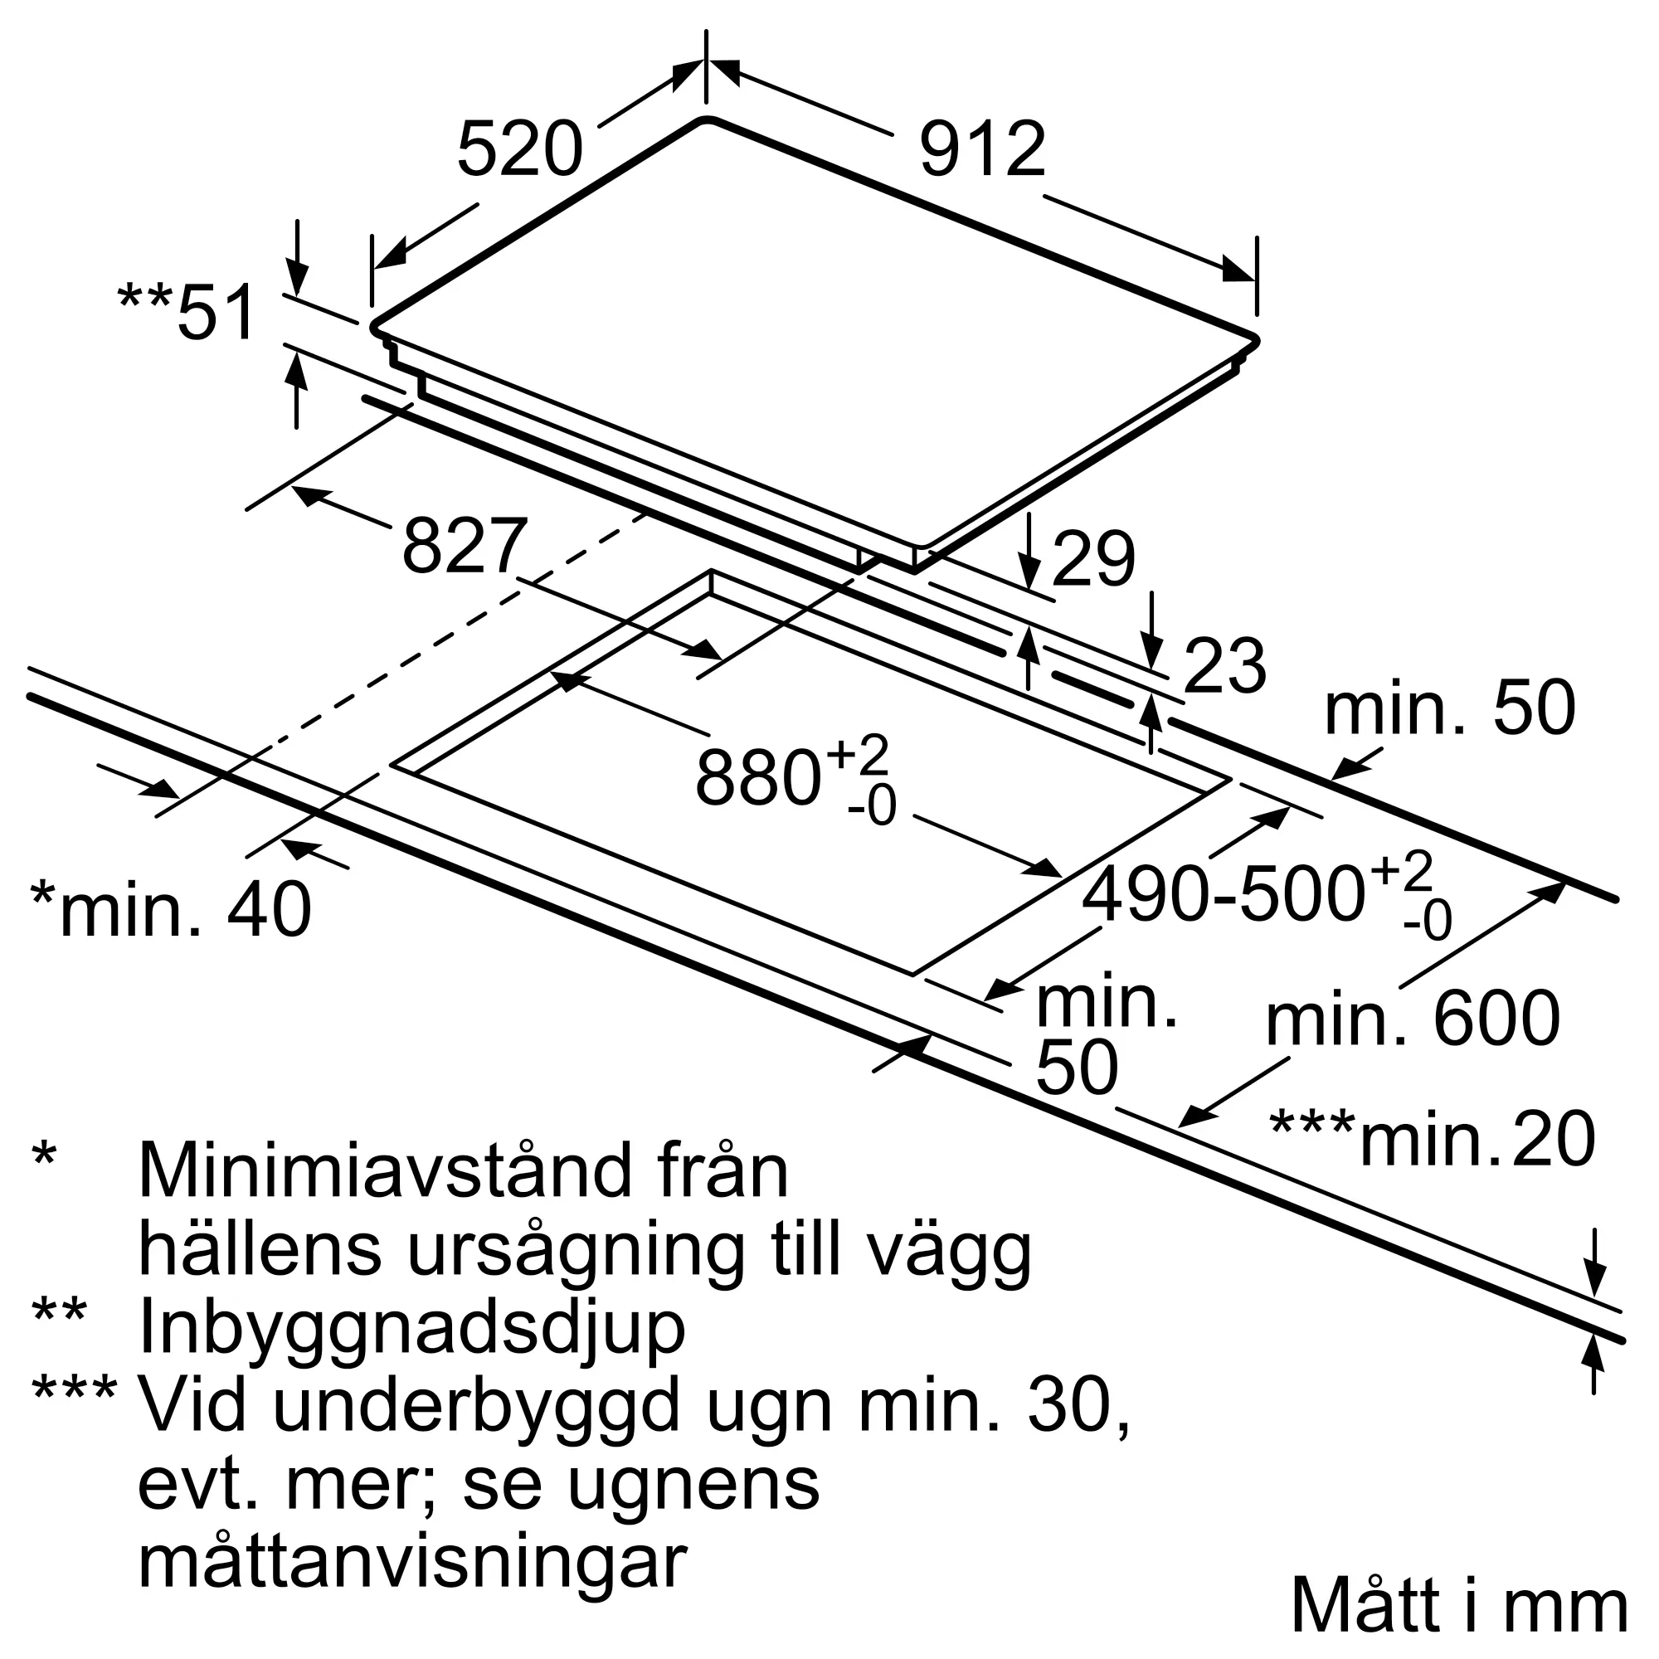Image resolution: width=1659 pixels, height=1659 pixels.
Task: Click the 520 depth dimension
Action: (519, 150)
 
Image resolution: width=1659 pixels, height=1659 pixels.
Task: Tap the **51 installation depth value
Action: (188, 312)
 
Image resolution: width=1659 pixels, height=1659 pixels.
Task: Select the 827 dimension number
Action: (463, 546)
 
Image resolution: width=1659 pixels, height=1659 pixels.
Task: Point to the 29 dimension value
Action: (1092, 560)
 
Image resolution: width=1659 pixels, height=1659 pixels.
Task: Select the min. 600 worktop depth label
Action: (1413, 1019)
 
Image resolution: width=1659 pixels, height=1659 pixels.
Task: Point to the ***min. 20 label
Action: (1432, 1140)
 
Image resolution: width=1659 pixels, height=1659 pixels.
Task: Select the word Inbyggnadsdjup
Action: (411, 1328)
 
